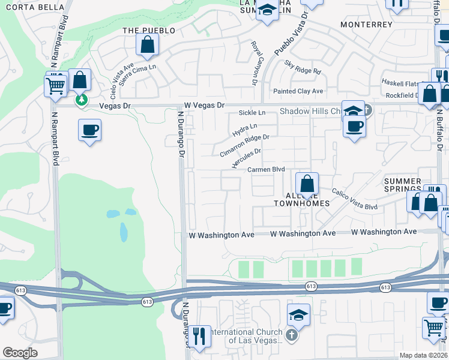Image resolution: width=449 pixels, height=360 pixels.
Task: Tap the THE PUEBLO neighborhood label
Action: (x=149, y=30)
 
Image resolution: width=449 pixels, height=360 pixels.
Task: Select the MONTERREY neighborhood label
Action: (x=366, y=25)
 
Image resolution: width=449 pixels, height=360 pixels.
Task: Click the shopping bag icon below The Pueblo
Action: (x=147, y=44)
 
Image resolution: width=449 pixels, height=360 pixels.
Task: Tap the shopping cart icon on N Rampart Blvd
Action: (x=55, y=85)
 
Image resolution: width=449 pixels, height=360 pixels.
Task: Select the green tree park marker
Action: (x=81, y=100)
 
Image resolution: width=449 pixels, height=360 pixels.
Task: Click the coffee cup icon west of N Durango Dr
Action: (x=89, y=130)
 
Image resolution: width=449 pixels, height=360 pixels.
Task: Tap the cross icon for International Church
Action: (x=292, y=335)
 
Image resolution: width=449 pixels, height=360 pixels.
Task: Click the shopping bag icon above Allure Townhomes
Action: (x=307, y=184)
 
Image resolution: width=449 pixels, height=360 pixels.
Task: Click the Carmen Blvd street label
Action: (x=267, y=170)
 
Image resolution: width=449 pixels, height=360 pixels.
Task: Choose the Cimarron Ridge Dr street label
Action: (x=244, y=146)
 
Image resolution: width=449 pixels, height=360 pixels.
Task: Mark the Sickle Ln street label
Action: (x=252, y=112)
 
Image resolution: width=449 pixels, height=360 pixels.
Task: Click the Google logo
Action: (x=20, y=353)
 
